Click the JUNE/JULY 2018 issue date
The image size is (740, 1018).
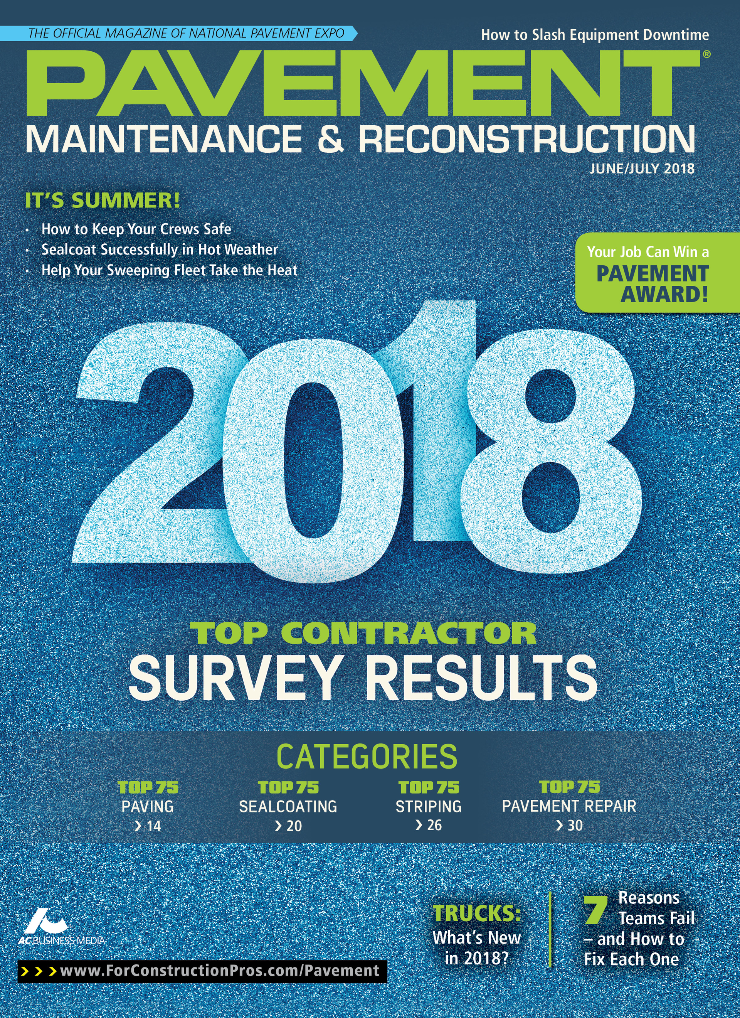642,169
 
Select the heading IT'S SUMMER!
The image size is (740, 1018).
102,200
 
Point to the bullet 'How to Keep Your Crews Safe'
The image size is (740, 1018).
136,229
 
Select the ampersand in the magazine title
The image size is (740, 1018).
331,138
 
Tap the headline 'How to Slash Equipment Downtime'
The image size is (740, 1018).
595,35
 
